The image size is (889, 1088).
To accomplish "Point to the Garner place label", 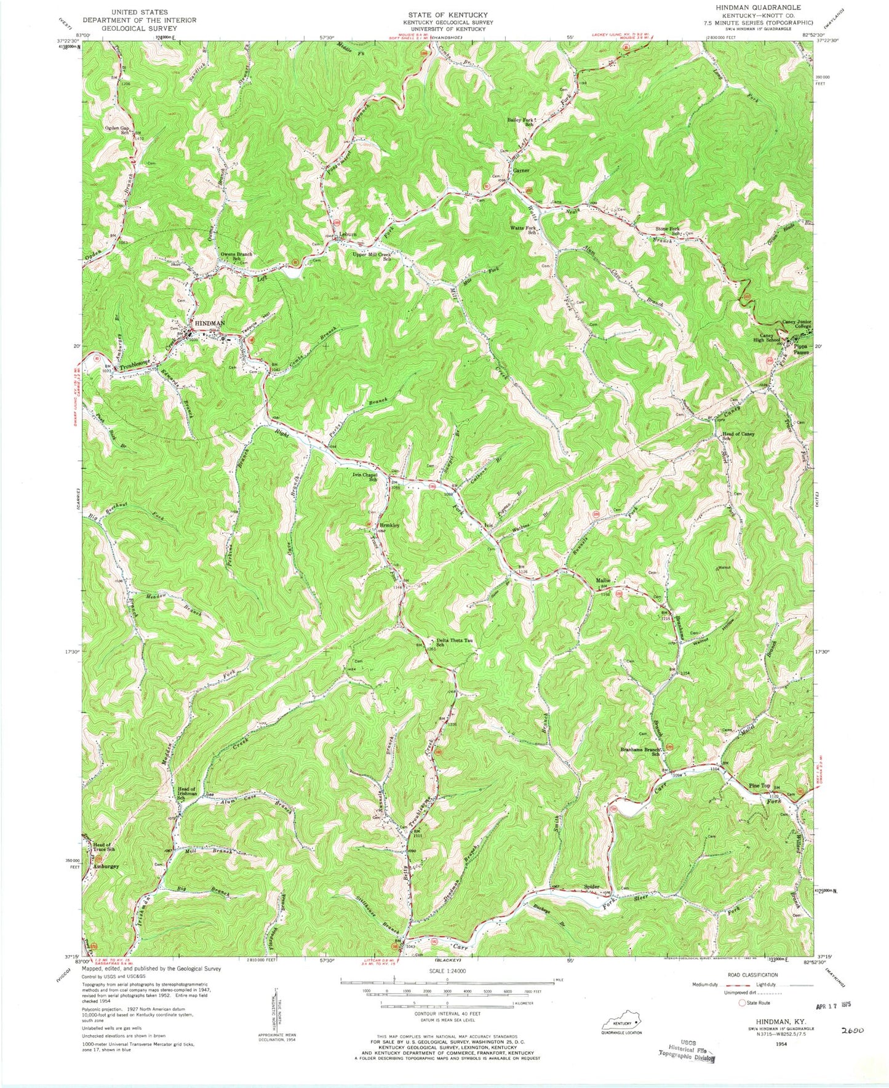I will point(522,170).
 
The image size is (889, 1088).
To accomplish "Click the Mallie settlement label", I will point(602,580).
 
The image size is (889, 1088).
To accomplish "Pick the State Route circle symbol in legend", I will point(742,1003).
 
